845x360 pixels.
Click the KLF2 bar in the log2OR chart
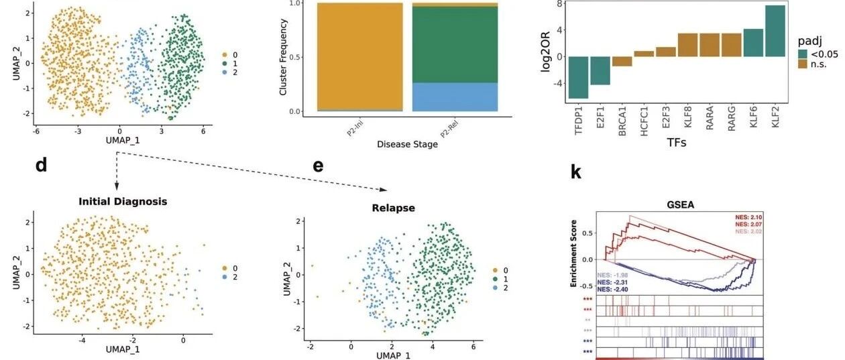pyautogui.click(x=775, y=31)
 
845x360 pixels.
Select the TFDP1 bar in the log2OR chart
pyautogui.click(x=578, y=77)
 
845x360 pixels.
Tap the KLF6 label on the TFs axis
pyautogui.click(x=753, y=117)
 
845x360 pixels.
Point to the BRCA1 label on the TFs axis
pyautogui.click(x=622, y=121)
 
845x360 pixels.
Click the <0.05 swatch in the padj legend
pyautogui.click(x=802, y=54)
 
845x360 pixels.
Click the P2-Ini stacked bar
pyautogui.click(x=360, y=57)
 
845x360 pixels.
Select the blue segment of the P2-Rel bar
pyautogui.click(x=455, y=97)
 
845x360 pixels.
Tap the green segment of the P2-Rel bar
pyautogui.click(x=455, y=45)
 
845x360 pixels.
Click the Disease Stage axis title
pyautogui.click(x=408, y=144)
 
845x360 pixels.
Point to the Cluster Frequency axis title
pyautogui.click(x=283, y=57)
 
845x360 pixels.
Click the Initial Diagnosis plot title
pyautogui.click(x=123, y=201)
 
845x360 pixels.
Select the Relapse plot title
pyautogui.click(x=394, y=208)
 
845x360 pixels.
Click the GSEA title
pyautogui.click(x=681, y=204)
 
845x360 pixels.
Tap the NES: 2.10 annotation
pyautogui.click(x=748, y=217)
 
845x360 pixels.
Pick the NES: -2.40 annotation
pyautogui.click(x=613, y=289)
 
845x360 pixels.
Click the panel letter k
pyautogui.click(x=575, y=172)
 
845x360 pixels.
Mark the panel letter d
pyautogui.click(x=42, y=165)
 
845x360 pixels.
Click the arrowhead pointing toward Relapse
pyautogui.click(x=384, y=190)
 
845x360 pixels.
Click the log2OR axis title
pyautogui.click(x=545, y=52)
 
